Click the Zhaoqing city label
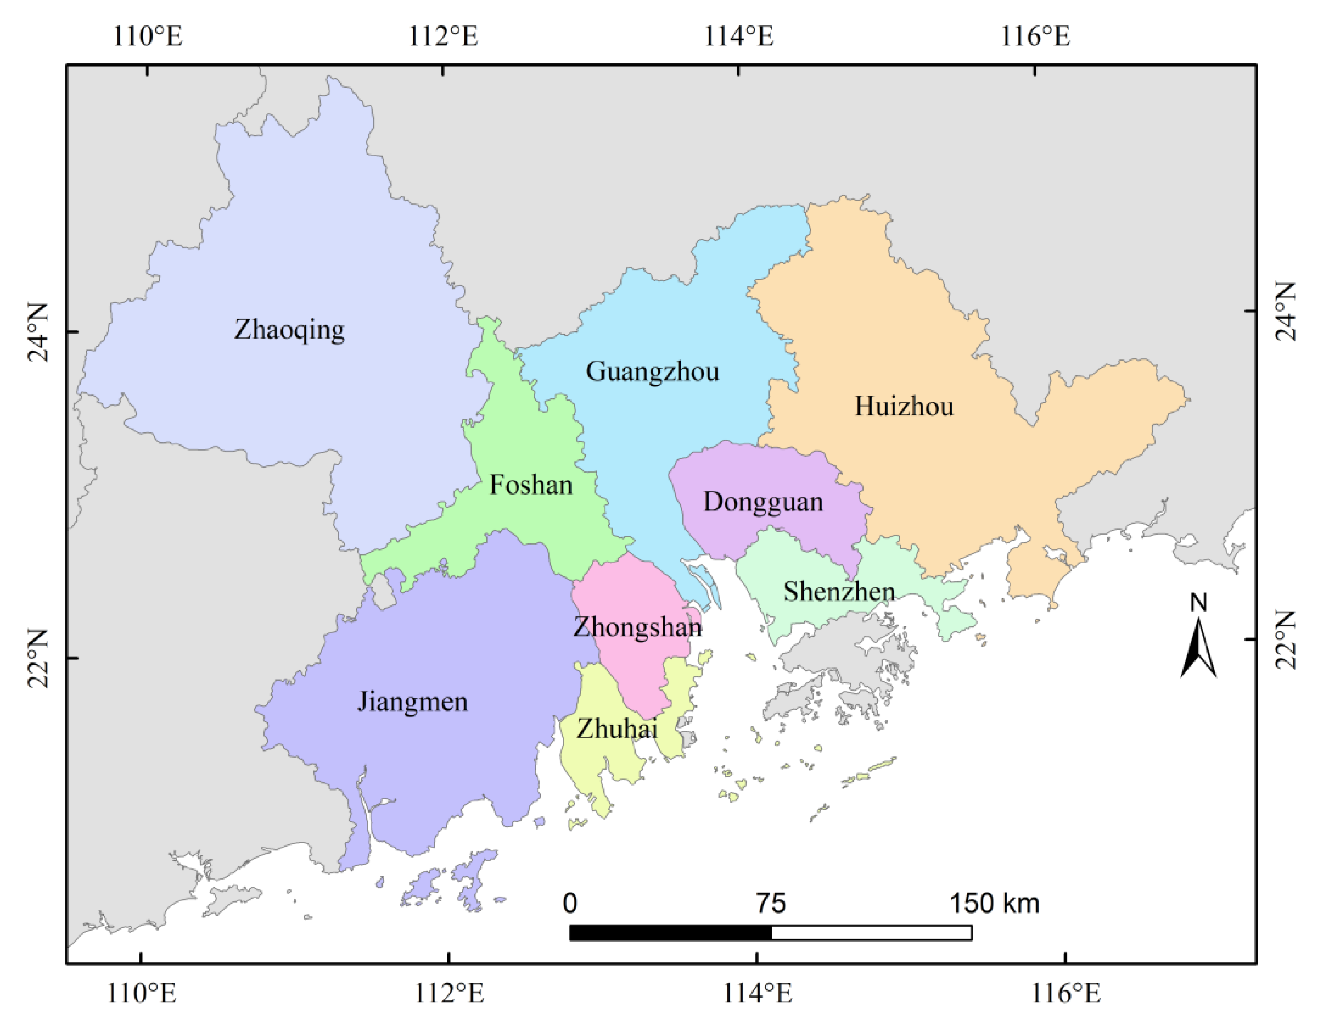tap(289, 330)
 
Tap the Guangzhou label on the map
tap(652, 371)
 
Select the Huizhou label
tap(904, 407)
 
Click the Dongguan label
tap(763, 502)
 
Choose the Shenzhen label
tap(839, 591)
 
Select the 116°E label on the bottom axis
tap(1066, 993)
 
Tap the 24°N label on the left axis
tap(38, 332)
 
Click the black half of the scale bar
tap(670, 932)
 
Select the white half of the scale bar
tap(871, 932)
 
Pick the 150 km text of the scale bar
tap(994, 903)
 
